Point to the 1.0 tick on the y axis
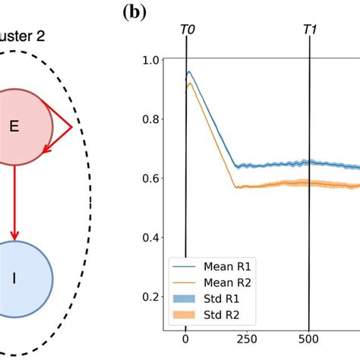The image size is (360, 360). (x=151, y=60)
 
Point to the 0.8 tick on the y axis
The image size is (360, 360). (x=151, y=119)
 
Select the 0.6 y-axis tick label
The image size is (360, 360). (x=151, y=178)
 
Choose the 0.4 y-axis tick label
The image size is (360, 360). (x=151, y=238)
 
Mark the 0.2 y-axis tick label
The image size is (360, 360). (x=151, y=297)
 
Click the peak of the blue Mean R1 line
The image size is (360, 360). (x=189, y=72)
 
